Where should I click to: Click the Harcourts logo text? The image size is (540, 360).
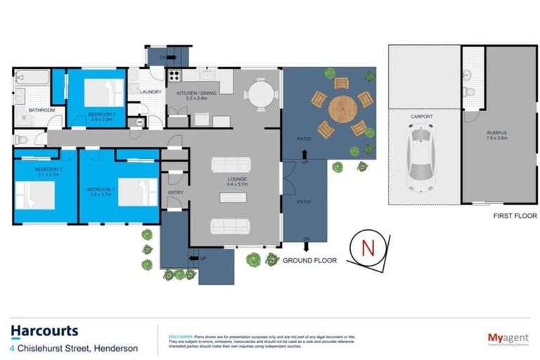[x=44, y=331]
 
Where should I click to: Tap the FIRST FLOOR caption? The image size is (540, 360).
[x=515, y=216]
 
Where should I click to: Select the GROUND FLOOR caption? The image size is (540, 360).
[x=309, y=260]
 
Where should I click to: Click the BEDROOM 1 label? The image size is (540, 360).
[x=99, y=189]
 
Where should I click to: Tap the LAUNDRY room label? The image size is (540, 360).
[x=151, y=91]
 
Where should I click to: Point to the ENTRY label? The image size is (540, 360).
[x=176, y=193]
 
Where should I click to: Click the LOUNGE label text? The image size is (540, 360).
[x=236, y=179]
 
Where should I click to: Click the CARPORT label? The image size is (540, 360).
[x=422, y=117]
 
